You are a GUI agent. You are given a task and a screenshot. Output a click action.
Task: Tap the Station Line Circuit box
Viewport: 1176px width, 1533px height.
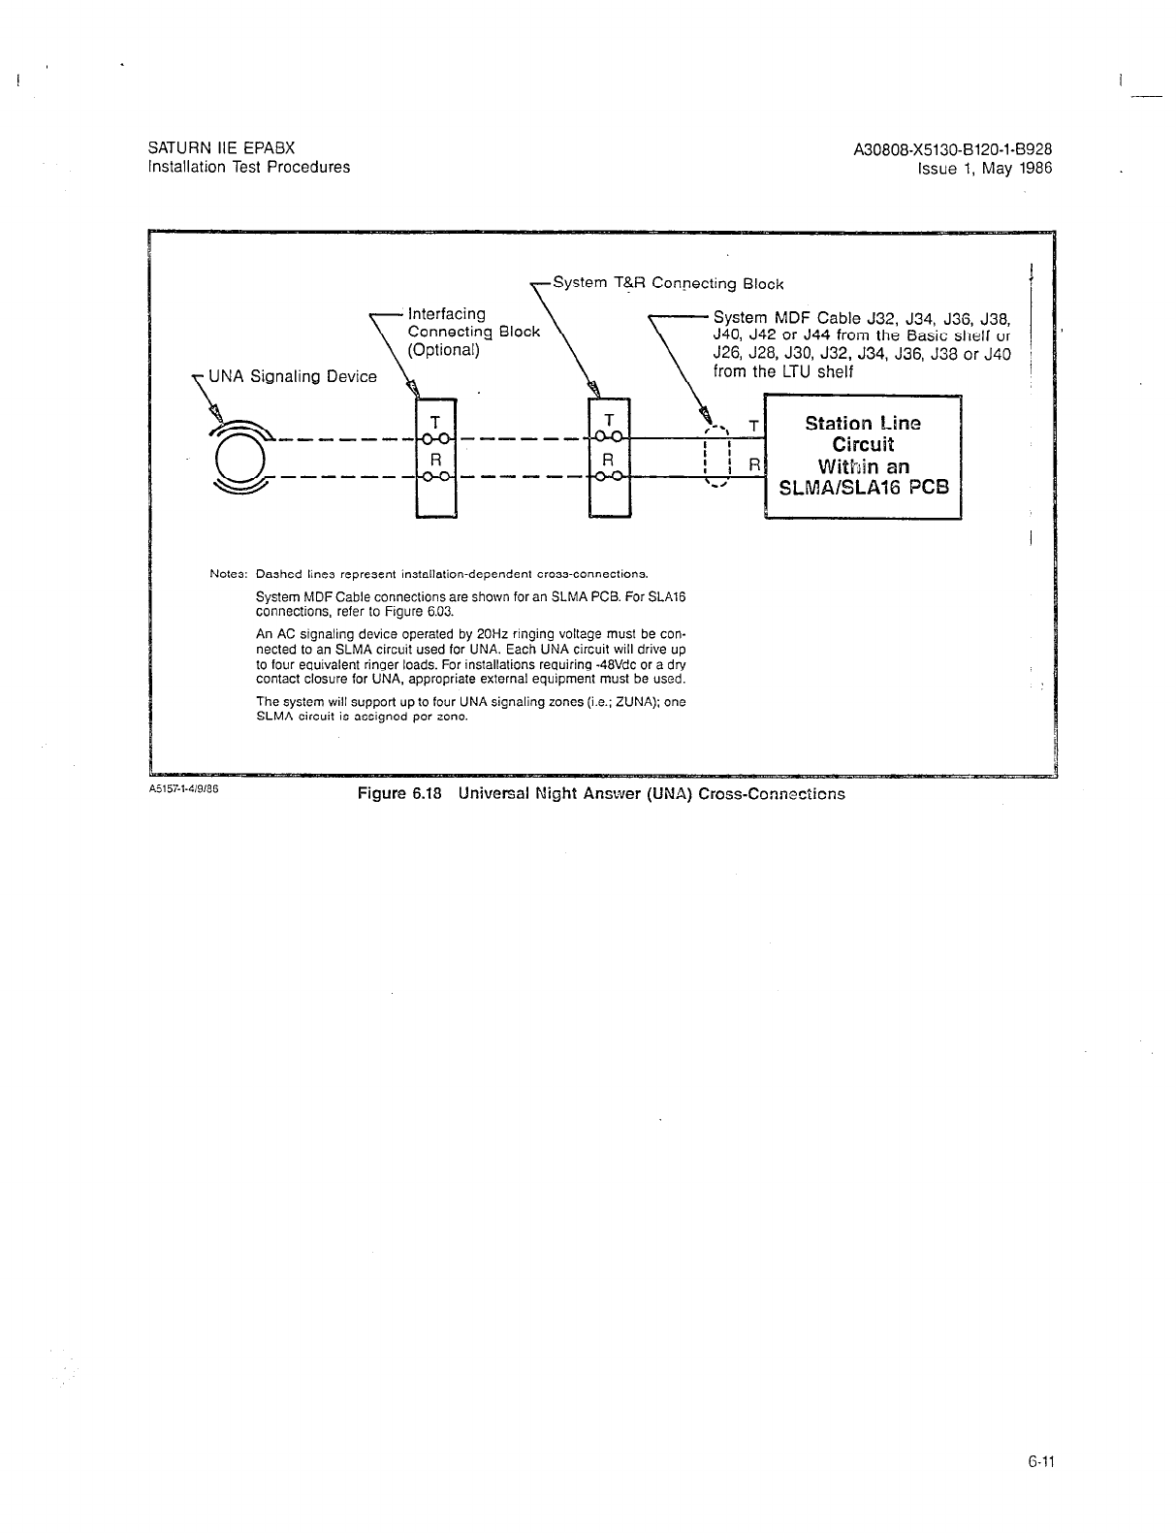point(863,457)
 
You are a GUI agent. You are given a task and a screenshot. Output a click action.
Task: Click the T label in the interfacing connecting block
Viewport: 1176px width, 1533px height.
point(435,422)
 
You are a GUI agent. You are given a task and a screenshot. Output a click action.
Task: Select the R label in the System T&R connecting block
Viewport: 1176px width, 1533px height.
point(609,458)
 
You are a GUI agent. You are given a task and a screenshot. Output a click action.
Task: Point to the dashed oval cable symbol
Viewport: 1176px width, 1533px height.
point(716,457)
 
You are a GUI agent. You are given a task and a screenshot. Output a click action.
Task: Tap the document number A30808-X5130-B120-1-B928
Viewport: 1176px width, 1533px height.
point(953,149)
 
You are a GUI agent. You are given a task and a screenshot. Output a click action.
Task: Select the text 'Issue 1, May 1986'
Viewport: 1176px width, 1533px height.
point(985,168)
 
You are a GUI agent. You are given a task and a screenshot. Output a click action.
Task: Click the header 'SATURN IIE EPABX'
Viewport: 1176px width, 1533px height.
point(221,148)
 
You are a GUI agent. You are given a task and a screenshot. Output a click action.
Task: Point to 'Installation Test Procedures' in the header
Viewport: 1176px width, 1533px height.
point(248,167)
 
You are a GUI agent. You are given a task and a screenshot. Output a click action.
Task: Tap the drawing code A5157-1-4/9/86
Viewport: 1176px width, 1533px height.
point(184,789)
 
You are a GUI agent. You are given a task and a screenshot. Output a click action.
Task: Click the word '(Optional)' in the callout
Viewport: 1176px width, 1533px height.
point(444,350)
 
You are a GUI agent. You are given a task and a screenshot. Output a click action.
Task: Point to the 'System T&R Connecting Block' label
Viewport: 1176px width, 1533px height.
point(668,283)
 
